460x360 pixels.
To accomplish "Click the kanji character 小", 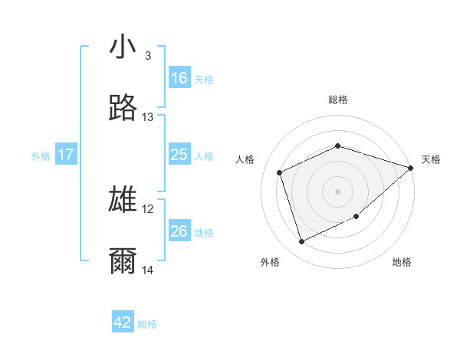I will pyautogui.click(x=123, y=47).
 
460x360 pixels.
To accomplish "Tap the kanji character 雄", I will pyautogui.click(x=123, y=200).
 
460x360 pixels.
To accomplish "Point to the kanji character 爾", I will pyautogui.click(x=123, y=261).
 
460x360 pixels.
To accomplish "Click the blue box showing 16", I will pyautogui.click(x=179, y=77).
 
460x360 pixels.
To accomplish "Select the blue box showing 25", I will pyautogui.click(x=179, y=155).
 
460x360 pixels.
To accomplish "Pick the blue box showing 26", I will pyautogui.click(x=179, y=231).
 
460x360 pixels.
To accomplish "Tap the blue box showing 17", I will pyautogui.click(x=66, y=155).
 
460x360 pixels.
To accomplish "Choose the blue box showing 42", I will pyautogui.click(x=123, y=322).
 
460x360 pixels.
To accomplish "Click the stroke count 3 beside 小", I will pyautogui.click(x=148, y=56).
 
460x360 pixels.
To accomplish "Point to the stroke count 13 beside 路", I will pyautogui.click(x=148, y=117).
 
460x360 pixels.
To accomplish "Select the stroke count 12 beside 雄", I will pyautogui.click(x=148, y=208).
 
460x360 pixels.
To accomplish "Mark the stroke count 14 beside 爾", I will pyautogui.click(x=148, y=270).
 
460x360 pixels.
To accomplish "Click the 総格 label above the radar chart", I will pyautogui.click(x=338, y=100).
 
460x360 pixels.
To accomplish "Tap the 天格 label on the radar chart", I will pyautogui.click(x=431, y=159).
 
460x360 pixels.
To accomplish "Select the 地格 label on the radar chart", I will pyautogui.click(x=402, y=262).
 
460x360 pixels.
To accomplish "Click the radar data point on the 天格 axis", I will pyautogui.click(x=411, y=168).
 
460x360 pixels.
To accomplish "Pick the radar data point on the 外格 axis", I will pyautogui.click(x=301, y=242).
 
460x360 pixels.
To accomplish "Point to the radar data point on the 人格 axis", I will pyautogui.click(x=280, y=172).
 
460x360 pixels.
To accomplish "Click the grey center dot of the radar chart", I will pyautogui.click(x=338, y=191).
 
